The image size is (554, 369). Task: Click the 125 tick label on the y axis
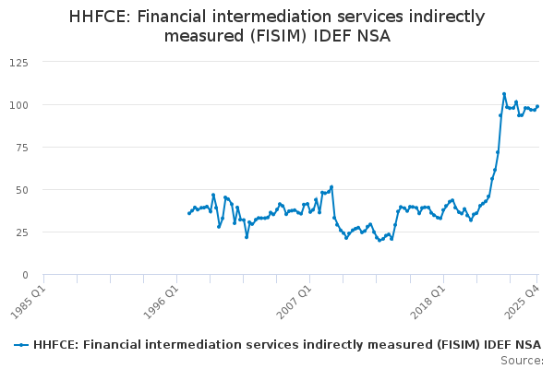[18, 62]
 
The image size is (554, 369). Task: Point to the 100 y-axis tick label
[18, 104]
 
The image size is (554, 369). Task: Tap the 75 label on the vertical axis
[20, 147]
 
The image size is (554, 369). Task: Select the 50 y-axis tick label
[20, 189]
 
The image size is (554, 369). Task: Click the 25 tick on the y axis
[20, 232]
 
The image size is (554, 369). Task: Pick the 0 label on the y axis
[24, 274]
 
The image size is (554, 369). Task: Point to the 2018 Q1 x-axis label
[429, 300]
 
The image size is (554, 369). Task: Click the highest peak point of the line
[504, 94]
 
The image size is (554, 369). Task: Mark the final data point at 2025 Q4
[537, 106]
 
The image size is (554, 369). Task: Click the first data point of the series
[189, 213]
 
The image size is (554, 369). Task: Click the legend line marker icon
[21, 345]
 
